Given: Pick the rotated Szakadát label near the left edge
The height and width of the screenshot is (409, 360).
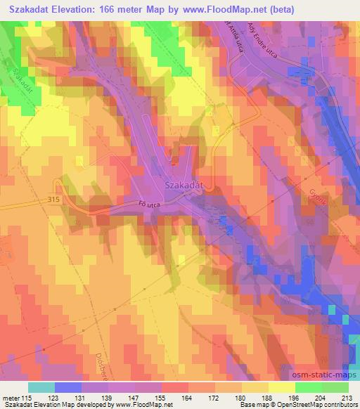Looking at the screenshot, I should coord(20,82).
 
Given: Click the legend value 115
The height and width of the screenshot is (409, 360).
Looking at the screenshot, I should coord(27,397).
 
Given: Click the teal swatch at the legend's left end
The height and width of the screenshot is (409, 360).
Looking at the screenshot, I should coord(41,387).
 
